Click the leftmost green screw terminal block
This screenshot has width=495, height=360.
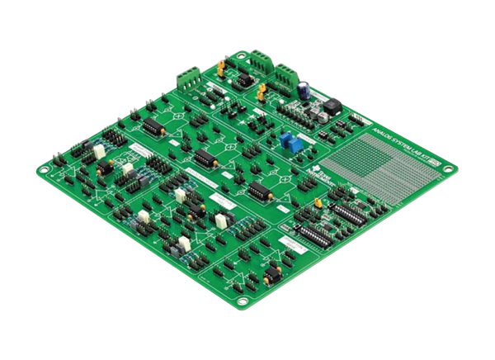pyautogui.click(x=188, y=80)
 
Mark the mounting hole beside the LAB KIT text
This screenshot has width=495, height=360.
pyautogui.click(x=447, y=170)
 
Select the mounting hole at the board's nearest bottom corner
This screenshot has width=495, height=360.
pyautogui.click(x=239, y=300)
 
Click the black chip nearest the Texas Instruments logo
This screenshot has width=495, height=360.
pyautogui.click(x=258, y=190)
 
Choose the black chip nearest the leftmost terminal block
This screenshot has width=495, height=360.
pyautogui.click(x=153, y=125)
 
